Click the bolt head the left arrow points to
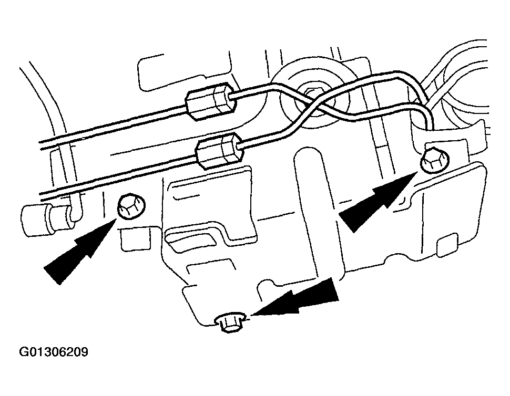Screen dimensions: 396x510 129,206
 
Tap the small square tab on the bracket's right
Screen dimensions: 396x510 447,243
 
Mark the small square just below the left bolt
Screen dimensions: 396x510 128,239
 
